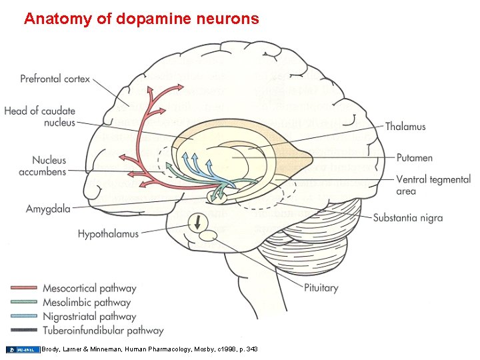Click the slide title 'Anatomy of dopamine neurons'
(x=141, y=19)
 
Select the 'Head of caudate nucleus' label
(x=39, y=117)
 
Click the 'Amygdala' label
(x=48, y=209)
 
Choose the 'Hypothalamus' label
(x=108, y=234)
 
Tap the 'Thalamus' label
(x=405, y=127)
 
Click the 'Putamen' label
(x=414, y=158)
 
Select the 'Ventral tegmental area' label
(x=423, y=185)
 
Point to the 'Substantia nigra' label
(x=407, y=218)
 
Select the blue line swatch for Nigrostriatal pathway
(x=24, y=317)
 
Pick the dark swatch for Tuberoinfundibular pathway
(x=24, y=330)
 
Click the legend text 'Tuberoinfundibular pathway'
(x=103, y=330)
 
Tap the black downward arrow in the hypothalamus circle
(x=198, y=222)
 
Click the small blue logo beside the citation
(x=22, y=349)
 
